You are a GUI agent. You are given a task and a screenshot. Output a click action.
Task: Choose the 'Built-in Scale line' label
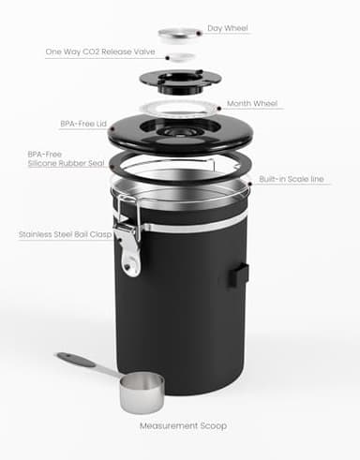click(x=294, y=176)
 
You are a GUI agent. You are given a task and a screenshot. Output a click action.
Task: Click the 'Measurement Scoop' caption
click(x=184, y=426)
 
